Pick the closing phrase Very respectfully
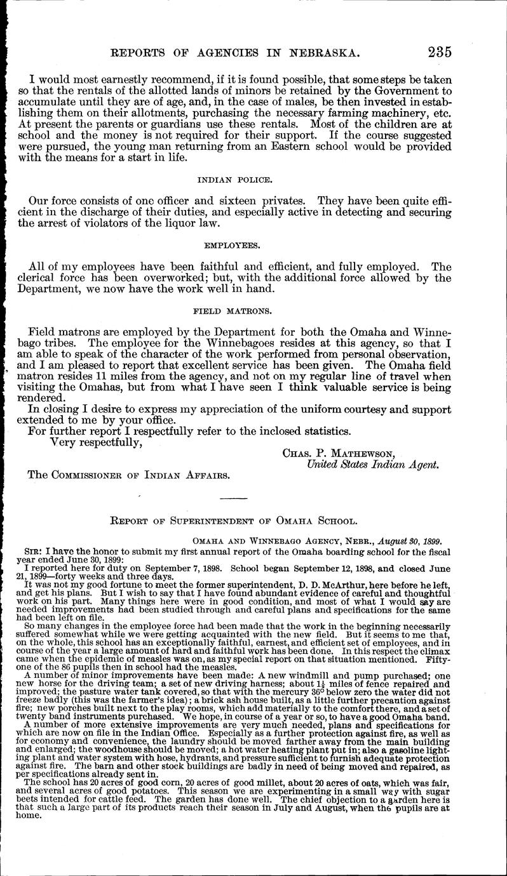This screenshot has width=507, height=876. [95, 443]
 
